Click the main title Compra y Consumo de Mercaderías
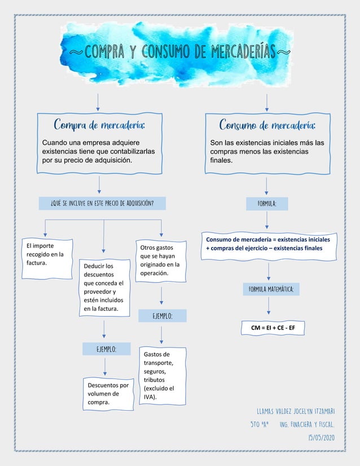tap(179, 53)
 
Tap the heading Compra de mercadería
tap(99, 124)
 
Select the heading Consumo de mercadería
tap(267, 124)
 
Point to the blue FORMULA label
tap(267, 203)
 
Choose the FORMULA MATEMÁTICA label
tap(270, 289)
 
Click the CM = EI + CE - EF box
tap(273, 327)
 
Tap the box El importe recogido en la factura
tap(46, 254)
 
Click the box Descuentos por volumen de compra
tap(107, 393)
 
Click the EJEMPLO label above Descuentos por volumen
tap(106, 350)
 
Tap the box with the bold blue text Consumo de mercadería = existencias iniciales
tap(269, 244)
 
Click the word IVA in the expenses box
tap(149, 397)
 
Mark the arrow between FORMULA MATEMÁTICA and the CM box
tap(269, 306)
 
